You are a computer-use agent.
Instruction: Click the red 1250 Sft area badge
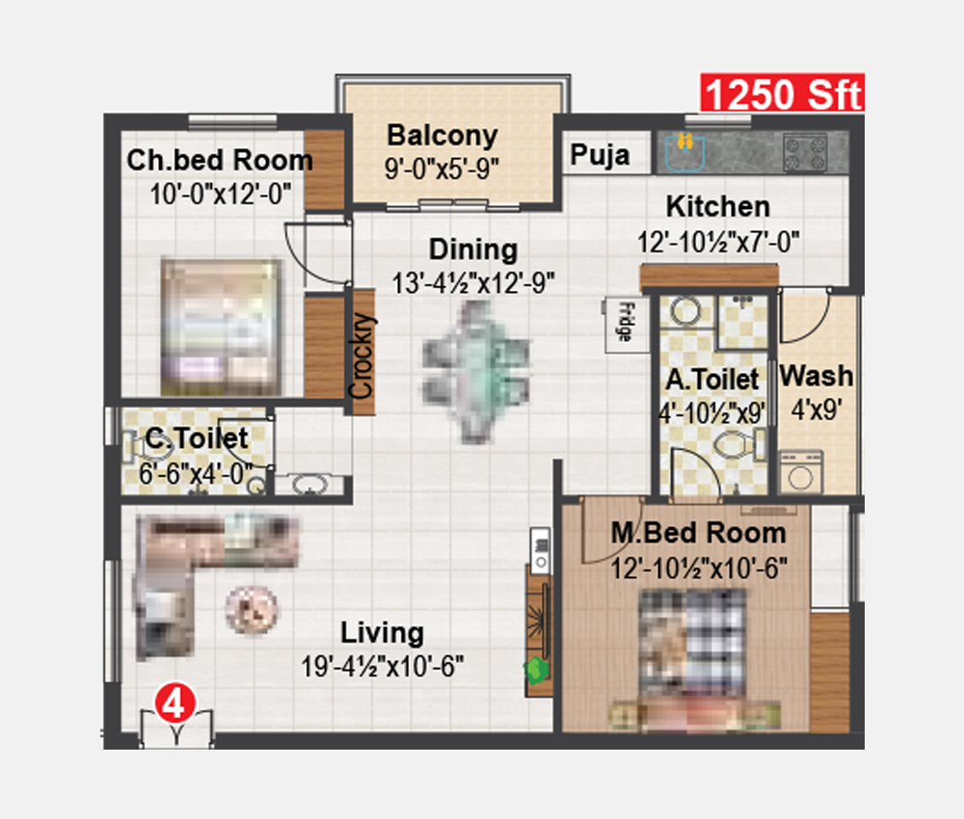point(783,92)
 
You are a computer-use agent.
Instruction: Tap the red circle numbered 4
point(175,703)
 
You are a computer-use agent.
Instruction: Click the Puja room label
point(600,155)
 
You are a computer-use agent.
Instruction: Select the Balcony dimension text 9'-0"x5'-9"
point(442,169)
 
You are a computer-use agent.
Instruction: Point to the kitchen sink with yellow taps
point(684,151)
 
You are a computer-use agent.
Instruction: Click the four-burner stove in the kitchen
point(805,153)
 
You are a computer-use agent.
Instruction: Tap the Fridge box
point(628,325)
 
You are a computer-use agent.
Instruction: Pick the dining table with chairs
point(476,373)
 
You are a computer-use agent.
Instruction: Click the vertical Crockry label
point(361,357)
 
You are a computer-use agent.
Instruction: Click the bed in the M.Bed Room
point(693,651)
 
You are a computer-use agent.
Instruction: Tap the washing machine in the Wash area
point(801,472)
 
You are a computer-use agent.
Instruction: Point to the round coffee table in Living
point(252,610)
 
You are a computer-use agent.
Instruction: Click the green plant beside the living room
point(536,671)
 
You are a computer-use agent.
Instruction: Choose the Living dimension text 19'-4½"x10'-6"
point(383,666)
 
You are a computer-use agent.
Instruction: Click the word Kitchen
point(718,206)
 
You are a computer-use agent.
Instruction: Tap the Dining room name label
point(473,250)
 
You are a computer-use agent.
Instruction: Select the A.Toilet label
point(712,379)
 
